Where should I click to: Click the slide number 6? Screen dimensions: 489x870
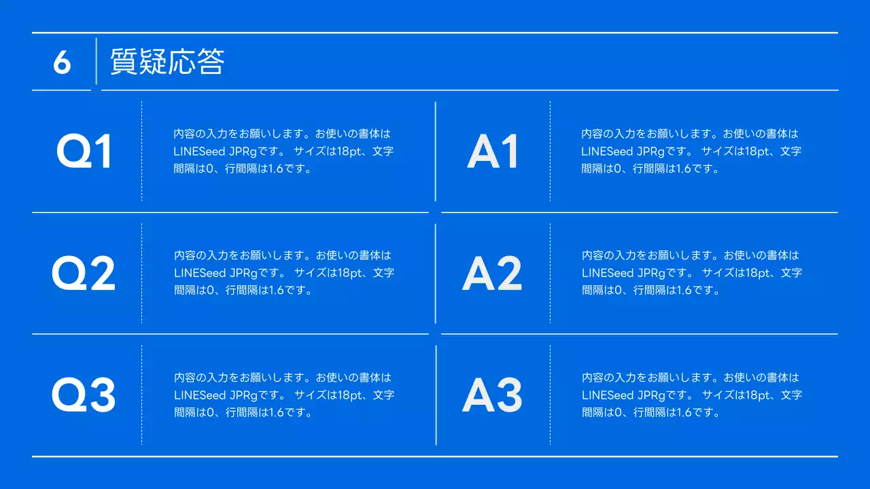pos(62,62)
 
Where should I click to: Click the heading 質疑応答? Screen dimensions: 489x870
pos(167,62)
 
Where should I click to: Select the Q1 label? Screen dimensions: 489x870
pos(84,151)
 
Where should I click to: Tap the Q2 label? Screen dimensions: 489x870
pos(84,273)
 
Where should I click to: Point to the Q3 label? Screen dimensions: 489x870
pos(84,395)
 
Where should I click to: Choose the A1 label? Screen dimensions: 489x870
pos(493,151)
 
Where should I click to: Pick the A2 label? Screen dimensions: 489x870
pos(492,273)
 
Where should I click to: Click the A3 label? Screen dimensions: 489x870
pos(492,395)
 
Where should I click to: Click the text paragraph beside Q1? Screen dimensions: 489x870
pos(283,151)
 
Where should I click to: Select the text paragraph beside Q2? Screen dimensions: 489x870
pos(283,272)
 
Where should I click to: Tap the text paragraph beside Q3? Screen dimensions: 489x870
pos(283,395)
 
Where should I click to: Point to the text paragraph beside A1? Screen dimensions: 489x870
pos(691,151)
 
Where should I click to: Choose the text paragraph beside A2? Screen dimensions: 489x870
pos(691,272)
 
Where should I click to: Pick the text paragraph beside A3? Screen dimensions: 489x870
pos(691,395)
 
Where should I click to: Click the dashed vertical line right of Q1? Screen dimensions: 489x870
pos(141,151)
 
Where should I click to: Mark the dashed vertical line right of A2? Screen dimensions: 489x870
pos(550,273)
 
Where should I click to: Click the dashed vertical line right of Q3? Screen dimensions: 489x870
pos(141,395)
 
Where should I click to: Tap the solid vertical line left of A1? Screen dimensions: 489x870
pos(436,151)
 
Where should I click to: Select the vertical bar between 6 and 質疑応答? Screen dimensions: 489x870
pos(97,61)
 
